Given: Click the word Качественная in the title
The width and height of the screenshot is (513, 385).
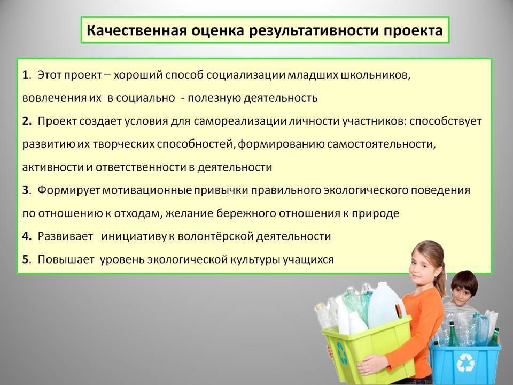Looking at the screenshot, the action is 137,30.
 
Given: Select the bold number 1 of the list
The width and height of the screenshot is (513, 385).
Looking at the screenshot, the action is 25,75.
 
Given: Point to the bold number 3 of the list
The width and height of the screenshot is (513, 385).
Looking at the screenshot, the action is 26,190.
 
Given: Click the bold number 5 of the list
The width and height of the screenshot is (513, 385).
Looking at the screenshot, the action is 26,259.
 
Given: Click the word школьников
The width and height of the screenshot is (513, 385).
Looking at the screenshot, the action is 376,75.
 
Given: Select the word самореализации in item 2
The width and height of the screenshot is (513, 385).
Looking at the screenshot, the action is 240,121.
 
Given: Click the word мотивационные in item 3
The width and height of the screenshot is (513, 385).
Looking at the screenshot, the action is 147,190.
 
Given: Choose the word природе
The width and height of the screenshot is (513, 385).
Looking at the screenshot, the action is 375,213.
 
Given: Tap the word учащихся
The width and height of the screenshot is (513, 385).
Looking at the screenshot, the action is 308,260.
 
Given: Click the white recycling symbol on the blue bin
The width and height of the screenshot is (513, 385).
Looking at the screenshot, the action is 465,363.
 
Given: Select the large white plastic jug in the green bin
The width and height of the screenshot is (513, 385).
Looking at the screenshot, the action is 383,305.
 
